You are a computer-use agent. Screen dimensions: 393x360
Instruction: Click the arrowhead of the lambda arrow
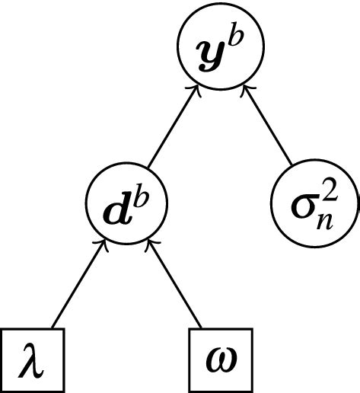102,243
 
